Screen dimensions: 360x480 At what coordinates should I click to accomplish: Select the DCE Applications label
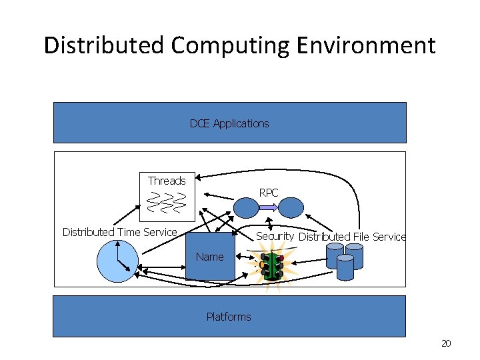pyautogui.click(x=229, y=123)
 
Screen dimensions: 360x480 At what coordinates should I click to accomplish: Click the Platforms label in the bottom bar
pyautogui.click(x=229, y=317)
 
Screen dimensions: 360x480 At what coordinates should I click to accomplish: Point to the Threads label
pyautogui.click(x=167, y=181)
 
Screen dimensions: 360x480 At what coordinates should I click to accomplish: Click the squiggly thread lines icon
pyautogui.click(x=166, y=202)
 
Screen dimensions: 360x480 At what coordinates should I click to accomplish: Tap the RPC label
pyautogui.click(x=269, y=193)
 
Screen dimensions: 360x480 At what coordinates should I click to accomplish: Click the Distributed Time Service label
pyautogui.click(x=120, y=232)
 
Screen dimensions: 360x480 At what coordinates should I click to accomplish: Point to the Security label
pyautogui.click(x=275, y=236)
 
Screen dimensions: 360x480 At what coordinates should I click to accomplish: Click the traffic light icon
pyautogui.click(x=272, y=266)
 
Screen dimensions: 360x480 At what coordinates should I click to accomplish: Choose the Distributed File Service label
pyautogui.click(x=352, y=237)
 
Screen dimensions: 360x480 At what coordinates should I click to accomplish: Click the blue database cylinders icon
pyautogui.click(x=345, y=261)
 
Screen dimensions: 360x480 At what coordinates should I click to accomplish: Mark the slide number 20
pyautogui.click(x=446, y=343)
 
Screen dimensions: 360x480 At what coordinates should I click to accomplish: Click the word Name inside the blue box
pyautogui.click(x=210, y=257)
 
